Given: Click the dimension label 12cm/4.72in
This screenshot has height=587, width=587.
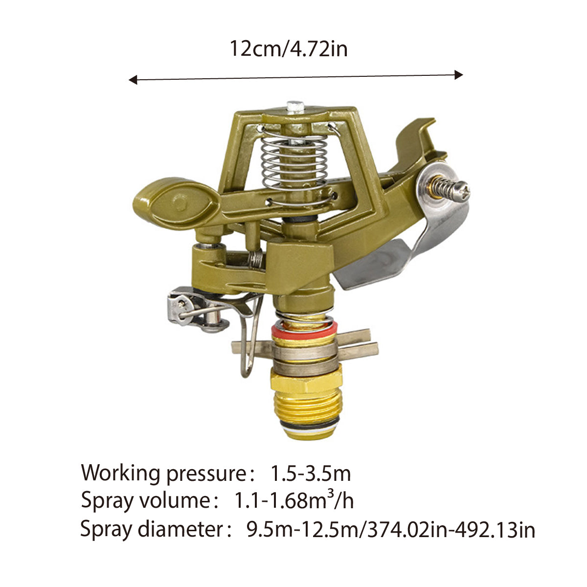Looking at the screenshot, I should click(289, 49).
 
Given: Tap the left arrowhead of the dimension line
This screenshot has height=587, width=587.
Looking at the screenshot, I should click(133, 80).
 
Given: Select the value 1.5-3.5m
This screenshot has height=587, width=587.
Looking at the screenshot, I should click(311, 474).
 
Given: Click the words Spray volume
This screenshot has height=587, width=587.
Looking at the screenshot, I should click(145, 501).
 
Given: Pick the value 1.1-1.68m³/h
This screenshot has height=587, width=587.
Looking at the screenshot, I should click(294, 501).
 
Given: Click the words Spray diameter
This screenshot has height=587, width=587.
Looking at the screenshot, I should click(151, 529).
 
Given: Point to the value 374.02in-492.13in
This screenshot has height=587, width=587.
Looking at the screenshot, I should click(448, 530).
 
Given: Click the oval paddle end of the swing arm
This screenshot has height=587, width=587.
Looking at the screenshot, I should click(174, 202).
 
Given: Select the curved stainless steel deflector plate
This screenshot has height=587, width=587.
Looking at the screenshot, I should click(416, 245).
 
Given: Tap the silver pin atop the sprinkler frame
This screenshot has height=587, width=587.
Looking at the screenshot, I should click(295, 106).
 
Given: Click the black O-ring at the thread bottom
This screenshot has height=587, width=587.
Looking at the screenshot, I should click(306, 423).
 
